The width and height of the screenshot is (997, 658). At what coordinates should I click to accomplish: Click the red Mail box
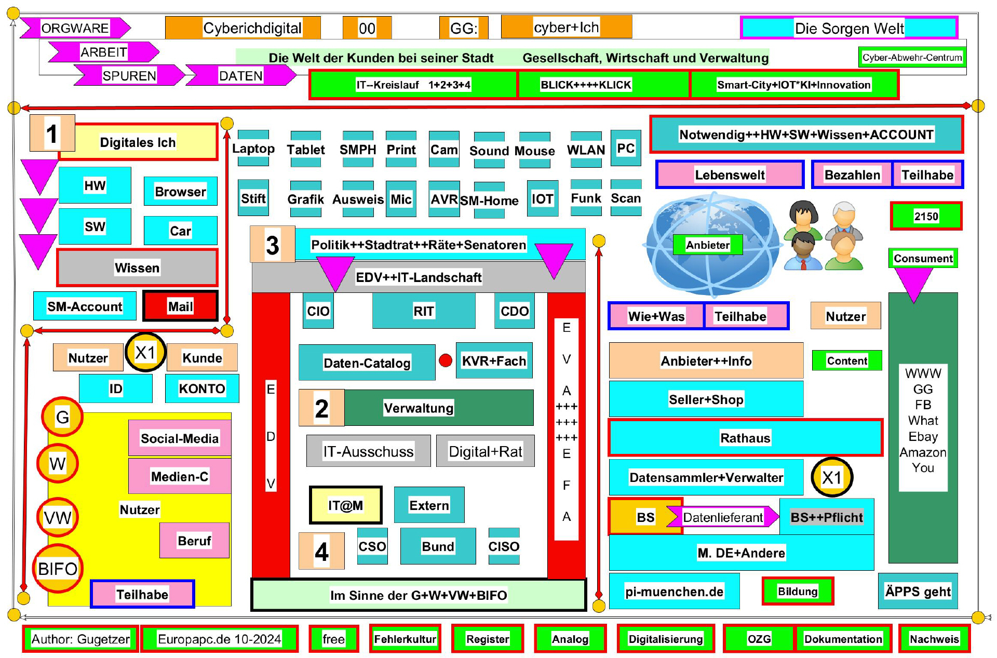point(180,306)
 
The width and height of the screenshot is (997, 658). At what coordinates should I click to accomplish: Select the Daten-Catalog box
point(367,362)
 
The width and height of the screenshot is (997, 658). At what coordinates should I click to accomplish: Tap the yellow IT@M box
point(345,505)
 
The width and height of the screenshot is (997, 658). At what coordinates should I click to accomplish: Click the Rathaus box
point(745,437)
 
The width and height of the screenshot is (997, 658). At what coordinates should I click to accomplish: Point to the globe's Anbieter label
point(707,245)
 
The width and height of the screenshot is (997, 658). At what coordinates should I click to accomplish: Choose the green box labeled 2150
point(926,216)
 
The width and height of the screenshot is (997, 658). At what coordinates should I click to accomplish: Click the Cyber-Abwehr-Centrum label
point(912,57)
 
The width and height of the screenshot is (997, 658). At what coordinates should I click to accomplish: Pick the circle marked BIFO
point(58,569)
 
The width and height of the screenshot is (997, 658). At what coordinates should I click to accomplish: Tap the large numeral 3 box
point(272,244)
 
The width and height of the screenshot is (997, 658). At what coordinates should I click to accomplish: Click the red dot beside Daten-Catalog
point(446,360)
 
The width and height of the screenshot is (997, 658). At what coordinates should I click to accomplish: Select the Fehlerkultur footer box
point(405,638)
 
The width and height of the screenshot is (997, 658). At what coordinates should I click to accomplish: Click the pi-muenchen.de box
point(674,591)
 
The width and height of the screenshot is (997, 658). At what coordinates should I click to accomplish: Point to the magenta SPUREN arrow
point(129,76)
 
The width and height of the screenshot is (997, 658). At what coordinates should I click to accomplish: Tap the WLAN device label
point(586,150)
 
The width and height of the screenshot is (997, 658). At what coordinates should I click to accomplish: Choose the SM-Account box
point(85,306)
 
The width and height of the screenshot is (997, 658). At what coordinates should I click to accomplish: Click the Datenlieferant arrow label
point(722,517)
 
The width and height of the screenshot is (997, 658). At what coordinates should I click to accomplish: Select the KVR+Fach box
point(494,360)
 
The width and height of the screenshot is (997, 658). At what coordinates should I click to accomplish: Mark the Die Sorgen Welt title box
point(849,28)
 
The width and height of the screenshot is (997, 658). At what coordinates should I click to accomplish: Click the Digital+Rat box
point(485,451)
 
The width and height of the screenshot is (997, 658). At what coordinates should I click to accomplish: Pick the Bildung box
point(798,591)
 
